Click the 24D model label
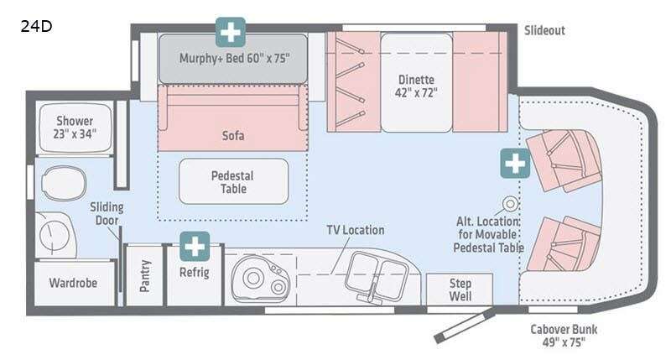coord(36,27)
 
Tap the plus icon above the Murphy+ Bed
coord(231,32)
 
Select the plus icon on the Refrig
coord(195,247)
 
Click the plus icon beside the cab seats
coord(515,164)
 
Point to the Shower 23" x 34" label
coord(75,128)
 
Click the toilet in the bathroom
coord(64,183)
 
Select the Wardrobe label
coord(73,283)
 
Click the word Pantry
coord(145,276)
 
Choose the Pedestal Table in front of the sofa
coord(234,181)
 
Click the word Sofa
coord(233,136)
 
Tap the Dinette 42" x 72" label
coord(416,86)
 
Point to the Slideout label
coord(544,30)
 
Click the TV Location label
coord(356,230)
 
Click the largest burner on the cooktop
coord(253,278)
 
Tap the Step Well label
coord(460,290)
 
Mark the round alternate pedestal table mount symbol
coord(511,204)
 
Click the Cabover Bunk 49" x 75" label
coord(564,336)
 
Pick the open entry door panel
coord(465,327)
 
